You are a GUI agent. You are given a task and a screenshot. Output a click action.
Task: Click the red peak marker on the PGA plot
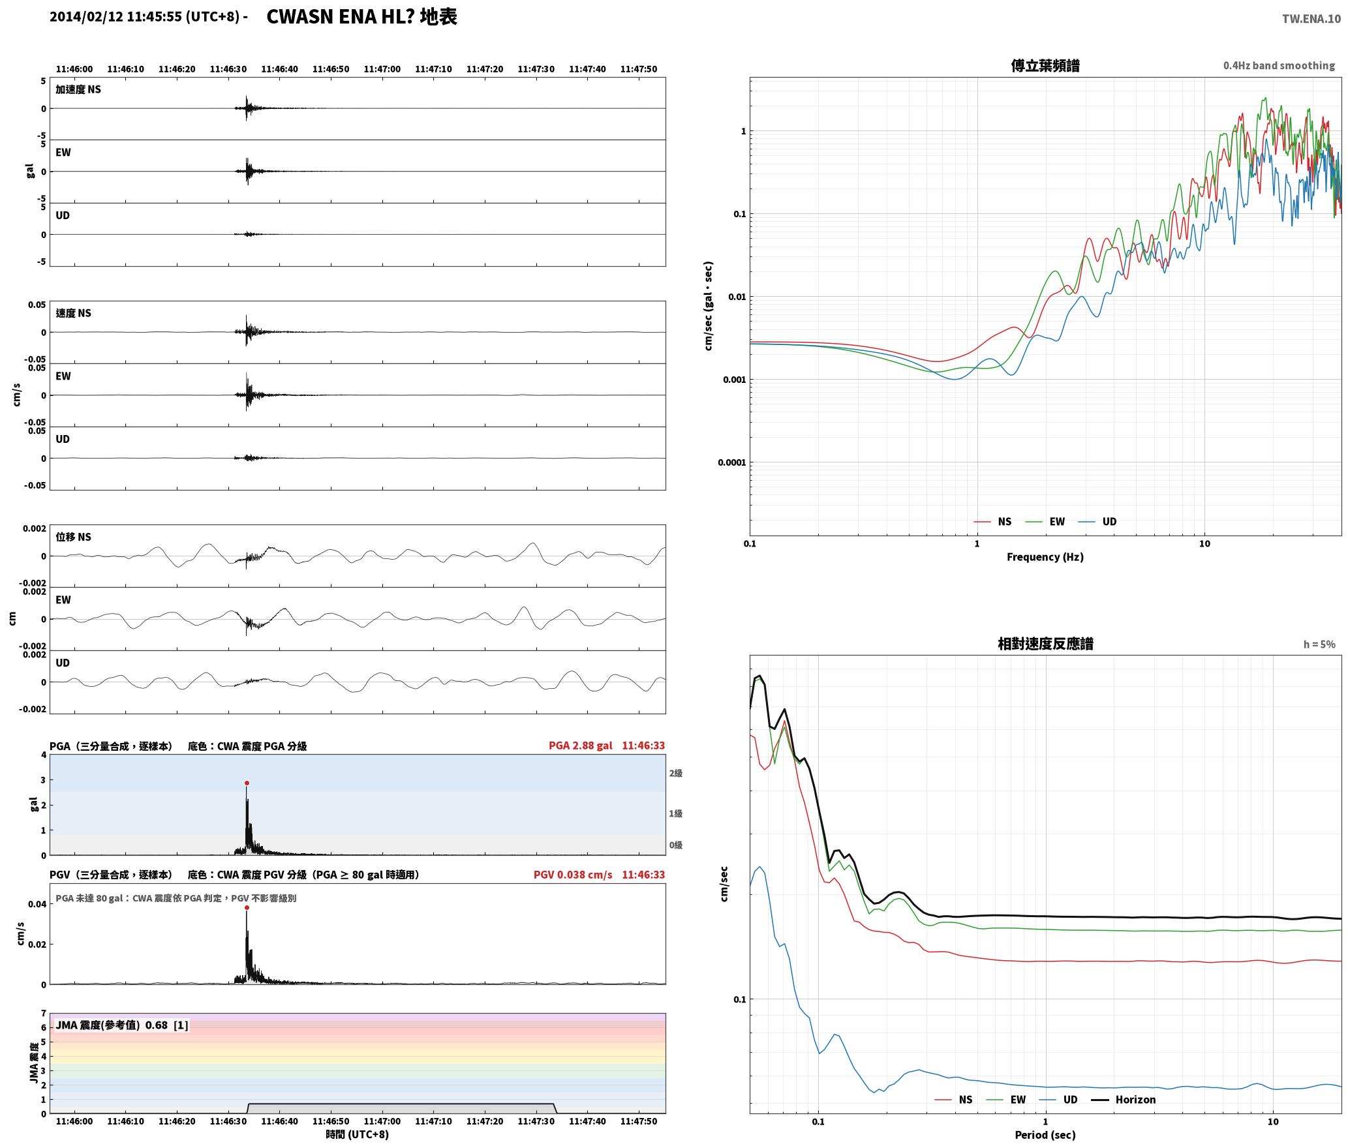(x=247, y=783)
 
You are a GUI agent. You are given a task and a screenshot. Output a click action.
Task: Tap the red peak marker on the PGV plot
(x=247, y=907)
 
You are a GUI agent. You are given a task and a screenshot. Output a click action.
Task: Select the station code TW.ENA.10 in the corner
(x=1311, y=19)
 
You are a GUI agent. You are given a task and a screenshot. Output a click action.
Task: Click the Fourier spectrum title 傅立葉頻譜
(x=1045, y=66)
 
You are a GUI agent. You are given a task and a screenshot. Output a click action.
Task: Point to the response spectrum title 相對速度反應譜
(x=1045, y=644)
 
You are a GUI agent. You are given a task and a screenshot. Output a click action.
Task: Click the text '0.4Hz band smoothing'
(x=1279, y=66)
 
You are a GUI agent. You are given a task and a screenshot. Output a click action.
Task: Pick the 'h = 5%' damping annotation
(x=1319, y=644)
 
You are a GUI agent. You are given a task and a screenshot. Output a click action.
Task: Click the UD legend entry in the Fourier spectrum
(x=1097, y=522)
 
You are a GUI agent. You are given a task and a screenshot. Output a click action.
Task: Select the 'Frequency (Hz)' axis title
(x=1045, y=557)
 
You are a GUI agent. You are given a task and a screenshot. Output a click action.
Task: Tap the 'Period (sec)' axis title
(x=1045, y=1135)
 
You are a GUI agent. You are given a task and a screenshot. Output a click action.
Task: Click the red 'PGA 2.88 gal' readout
(x=580, y=746)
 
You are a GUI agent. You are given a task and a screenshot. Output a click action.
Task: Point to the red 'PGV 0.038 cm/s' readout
(x=573, y=875)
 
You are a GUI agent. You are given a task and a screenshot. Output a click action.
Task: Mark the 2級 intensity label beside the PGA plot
(x=675, y=774)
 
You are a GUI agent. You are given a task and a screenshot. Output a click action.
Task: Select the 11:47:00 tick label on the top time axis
(x=382, y=69)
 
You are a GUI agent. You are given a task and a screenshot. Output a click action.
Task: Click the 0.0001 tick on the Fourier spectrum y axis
(x=732, y=463)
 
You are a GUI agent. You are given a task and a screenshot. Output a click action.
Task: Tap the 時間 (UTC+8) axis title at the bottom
(x=358, y=1135)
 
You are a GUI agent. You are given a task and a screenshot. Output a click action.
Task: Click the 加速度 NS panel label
(x=78, y=89)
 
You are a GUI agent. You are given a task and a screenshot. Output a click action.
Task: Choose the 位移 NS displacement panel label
(x=74, y=537)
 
